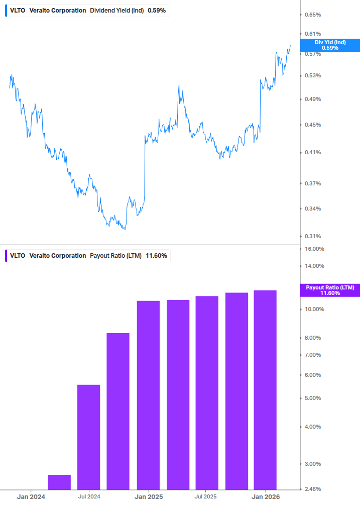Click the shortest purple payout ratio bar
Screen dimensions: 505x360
tap(59, 481)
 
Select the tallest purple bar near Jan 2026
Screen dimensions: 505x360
tap(265, 389)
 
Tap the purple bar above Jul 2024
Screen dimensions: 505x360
tap(88, 436)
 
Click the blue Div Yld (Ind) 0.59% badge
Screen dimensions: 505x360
tap(329, 45)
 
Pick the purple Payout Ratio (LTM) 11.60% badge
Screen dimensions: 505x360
tap(329, 290)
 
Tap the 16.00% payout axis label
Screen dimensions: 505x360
tap(314, 249)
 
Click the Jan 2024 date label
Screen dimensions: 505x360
tap(31, 497)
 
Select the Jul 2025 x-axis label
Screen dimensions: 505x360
tap(205, 497)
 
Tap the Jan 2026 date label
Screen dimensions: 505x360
tap(265, 497)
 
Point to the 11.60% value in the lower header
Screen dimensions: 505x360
tap(156, 256)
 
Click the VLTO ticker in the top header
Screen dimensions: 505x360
tap(18, 11)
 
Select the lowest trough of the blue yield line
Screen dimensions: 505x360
tap(124, 229)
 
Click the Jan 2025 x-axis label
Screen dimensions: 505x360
tap(149, 497)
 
